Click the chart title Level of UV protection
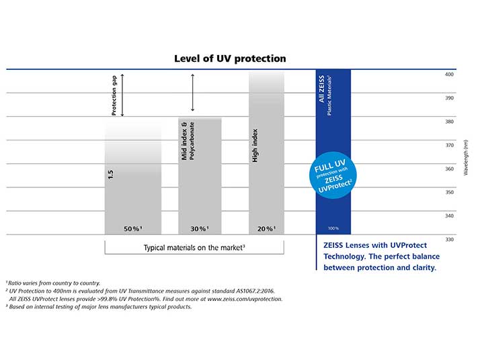point(230,58)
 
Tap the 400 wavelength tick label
point(449,75)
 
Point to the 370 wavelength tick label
point(449,145)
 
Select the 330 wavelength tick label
point(449,239)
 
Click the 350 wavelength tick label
point(449,192)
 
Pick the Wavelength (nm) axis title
point(465,157)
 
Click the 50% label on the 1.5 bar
point(132,229)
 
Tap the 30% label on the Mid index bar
point(199,229)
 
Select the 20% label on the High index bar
point(266,229)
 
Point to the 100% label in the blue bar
point(333,229)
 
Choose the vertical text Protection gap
point(114,95)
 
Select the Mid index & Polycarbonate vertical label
point(188,141)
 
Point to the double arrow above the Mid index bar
point(193,93)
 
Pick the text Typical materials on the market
point(194,248)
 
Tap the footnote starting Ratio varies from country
point(53,283)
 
